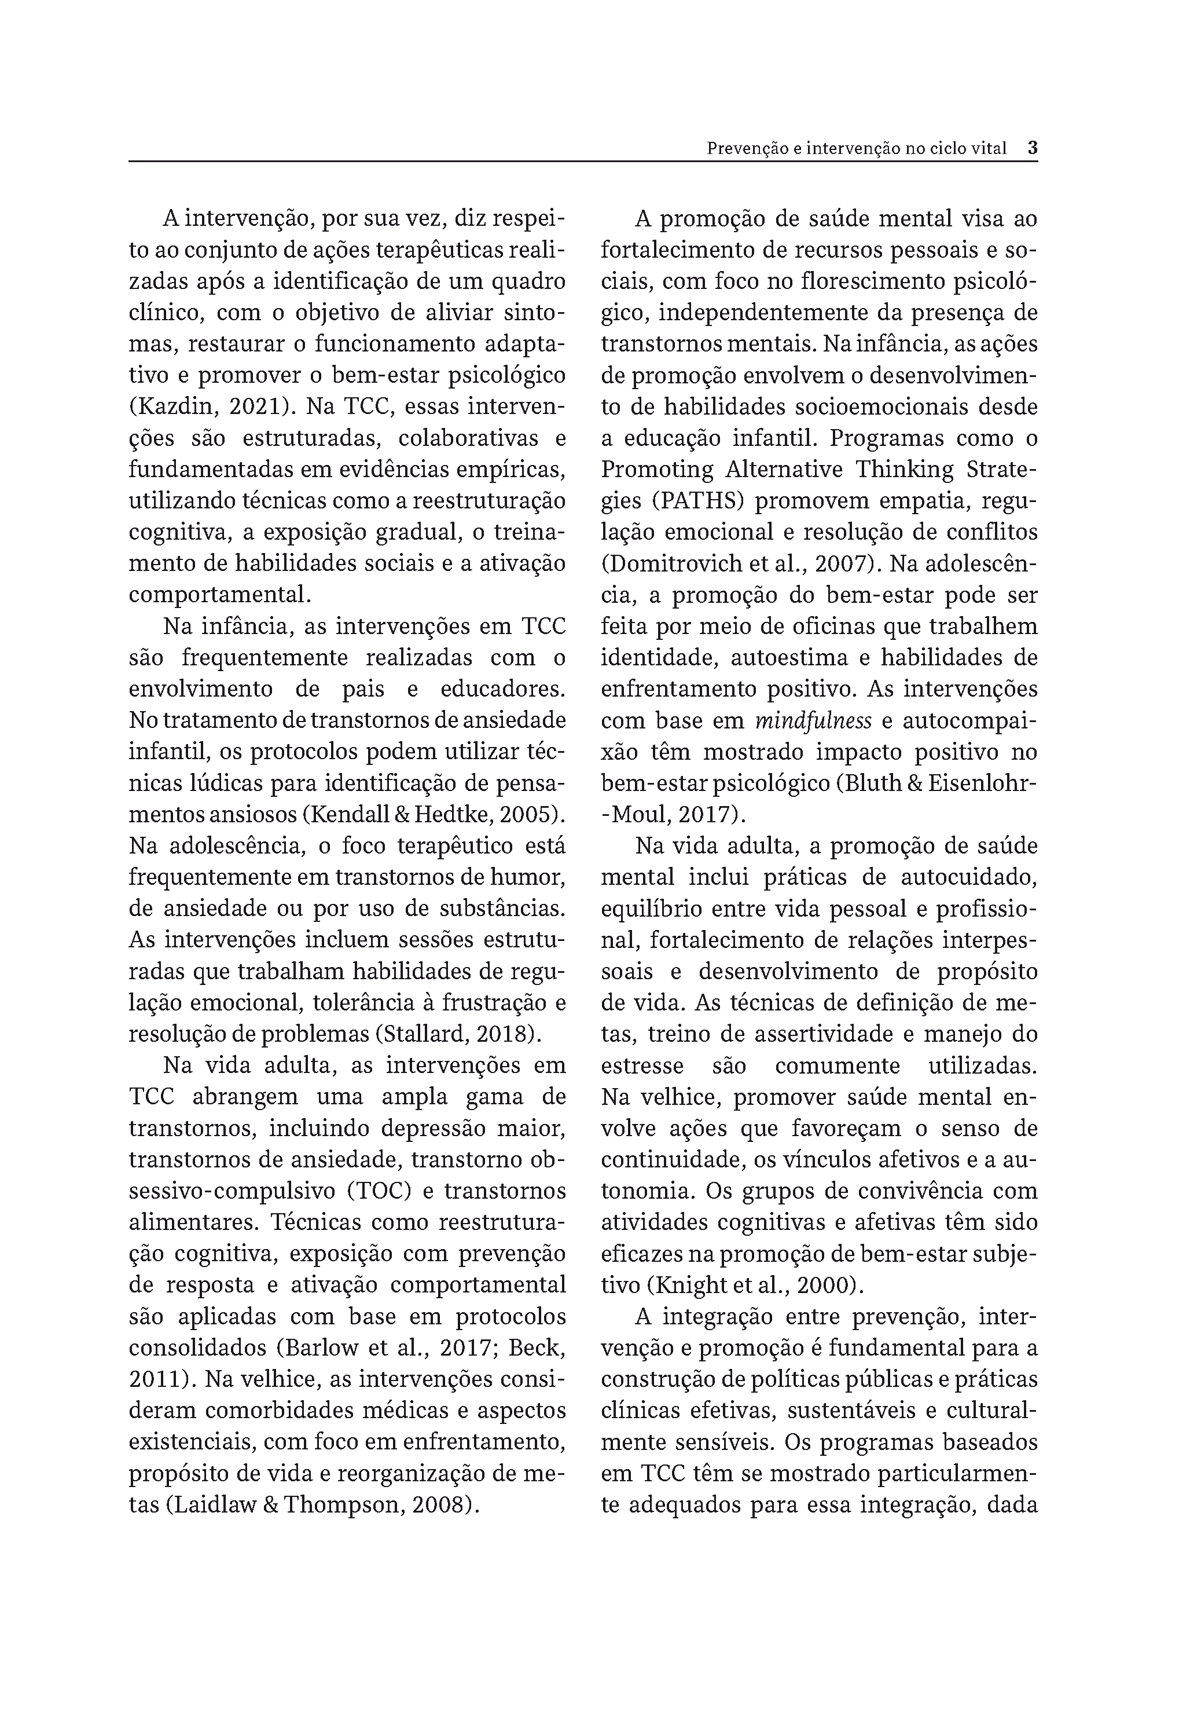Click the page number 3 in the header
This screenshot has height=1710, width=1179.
[1032, 148]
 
